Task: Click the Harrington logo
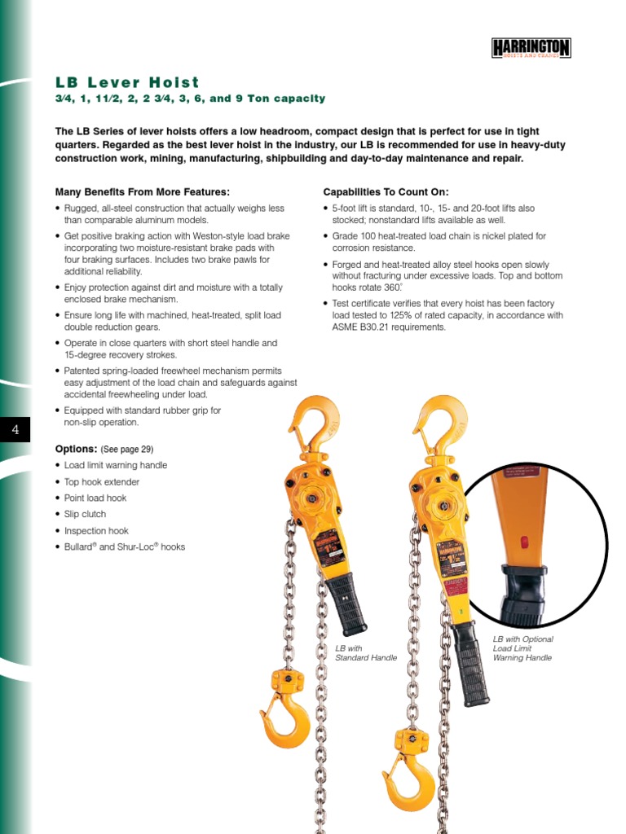(x=531, y=48)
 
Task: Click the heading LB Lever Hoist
(x=127, y=82)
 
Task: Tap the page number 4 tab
(x=15, y=429)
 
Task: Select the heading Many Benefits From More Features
(x=143, y=192)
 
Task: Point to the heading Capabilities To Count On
(x=386, y=192)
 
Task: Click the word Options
(x=76, y=449)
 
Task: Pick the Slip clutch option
(x=85, y=514)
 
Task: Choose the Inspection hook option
(x=96, y=530)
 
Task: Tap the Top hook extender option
(x=101, y=481)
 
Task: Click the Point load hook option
(x=95, y=498)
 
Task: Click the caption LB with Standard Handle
(x=366, y=652)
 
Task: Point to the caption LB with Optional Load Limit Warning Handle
(x=522, y=648)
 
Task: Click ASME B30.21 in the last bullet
(x=362, y=327)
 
